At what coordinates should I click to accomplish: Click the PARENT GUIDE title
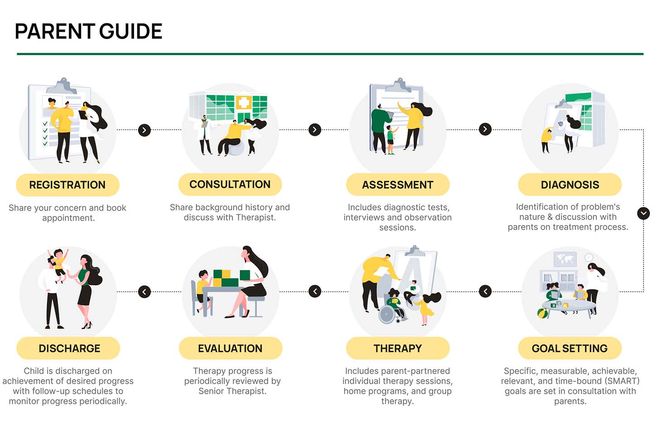click(x=88, y=31)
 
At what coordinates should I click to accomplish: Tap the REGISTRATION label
click(x=67, y=185)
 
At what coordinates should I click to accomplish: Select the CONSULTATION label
click(x=230, y=184)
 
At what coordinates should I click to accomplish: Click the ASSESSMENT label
click(x=398, y=185)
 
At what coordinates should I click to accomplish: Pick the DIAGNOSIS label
click(x=570, y=185)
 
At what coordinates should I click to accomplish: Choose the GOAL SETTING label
click(x=570, y=348)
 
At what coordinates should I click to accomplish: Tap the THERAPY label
click(x=398, y=348)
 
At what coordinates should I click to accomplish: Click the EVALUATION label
click(x=230, y=348)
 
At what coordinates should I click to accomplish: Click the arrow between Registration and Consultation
click(x=144, y=130)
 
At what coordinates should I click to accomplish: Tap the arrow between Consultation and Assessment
click(x=315, y=130)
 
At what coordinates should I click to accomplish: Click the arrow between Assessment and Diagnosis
click(x=485, y=130)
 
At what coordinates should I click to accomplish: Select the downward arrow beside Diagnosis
click(x=643, y=213)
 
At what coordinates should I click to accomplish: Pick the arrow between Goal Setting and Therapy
click(x=485, y=291)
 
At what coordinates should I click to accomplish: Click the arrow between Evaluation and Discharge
click(x=144, y=292)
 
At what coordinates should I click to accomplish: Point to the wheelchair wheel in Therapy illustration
click(x=387, y=314)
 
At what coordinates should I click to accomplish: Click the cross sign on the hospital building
click(x=244, y=103)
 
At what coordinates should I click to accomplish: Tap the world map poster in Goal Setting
click(x=565, y=259)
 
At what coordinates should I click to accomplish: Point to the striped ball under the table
click(x=542, y=313)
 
